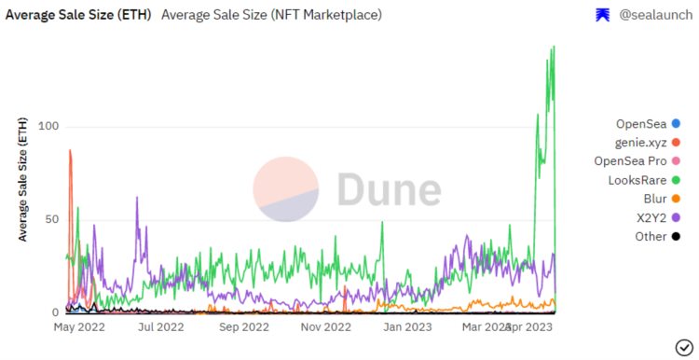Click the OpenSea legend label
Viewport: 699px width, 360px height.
click(641, 124)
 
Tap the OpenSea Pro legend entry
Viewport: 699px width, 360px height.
click(631, 161)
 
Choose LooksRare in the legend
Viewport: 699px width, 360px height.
click(637, 180)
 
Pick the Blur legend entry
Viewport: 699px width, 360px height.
click(655, 199)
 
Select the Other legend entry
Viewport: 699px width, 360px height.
click(651, 236)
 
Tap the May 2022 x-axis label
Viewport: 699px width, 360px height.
click(79, 327)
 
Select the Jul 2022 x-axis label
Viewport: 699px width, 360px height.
click(160, 327)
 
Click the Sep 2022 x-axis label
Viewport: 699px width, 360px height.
click(242, 327)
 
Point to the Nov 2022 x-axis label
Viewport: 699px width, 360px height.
click(324, 327)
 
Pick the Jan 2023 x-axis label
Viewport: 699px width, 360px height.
click(406, 327)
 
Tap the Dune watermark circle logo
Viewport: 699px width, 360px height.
click(286, 189)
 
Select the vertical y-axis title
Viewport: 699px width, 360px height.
click(23, 179)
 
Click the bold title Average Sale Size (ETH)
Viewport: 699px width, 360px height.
click(79, 15)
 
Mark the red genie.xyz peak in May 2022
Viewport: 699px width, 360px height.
click(70, 151)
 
